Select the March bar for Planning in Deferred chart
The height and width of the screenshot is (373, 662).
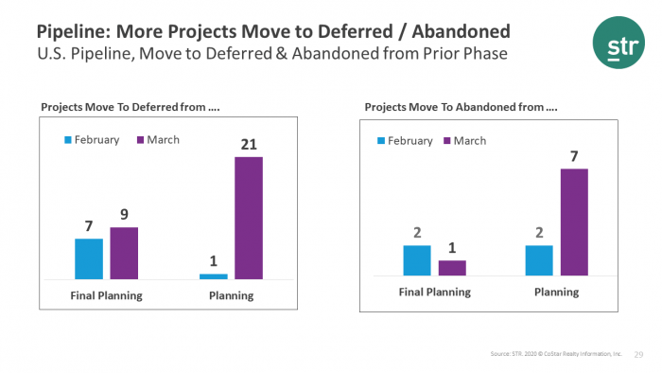249,218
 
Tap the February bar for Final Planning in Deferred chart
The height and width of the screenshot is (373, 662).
89,258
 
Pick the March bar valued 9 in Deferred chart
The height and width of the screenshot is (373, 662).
124,253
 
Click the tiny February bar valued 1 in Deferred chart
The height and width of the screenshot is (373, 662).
214,276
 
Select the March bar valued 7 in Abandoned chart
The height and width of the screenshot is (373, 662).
573,222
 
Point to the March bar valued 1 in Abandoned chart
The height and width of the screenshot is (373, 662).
452,267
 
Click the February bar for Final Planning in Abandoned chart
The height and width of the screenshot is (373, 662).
417,259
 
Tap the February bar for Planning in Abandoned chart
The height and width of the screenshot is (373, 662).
539,259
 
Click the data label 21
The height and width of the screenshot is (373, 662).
249,144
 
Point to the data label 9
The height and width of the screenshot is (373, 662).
124,215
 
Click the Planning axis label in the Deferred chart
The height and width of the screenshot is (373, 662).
231,295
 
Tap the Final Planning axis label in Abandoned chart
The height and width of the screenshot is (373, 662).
434,293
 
